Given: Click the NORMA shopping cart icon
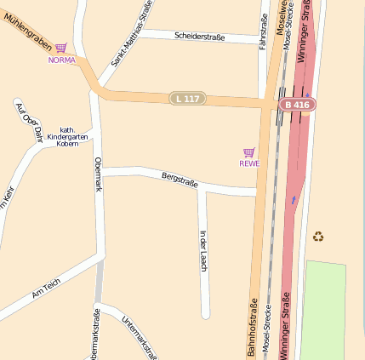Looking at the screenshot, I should tap(61, 49).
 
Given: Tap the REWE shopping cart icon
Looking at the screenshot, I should tap(248, 152).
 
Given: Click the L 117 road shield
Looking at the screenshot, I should tap(186, 99).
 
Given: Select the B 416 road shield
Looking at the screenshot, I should tap(298, 104).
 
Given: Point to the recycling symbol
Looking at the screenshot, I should tap(318, 236).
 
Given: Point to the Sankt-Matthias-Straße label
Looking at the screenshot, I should tap(131, 34).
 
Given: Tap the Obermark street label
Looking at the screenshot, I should tap(98, 174).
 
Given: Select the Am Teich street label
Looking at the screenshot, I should tap(46, 289).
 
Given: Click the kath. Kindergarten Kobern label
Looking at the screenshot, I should tap(69, 132).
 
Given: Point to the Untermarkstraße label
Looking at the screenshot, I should tap(139, 337).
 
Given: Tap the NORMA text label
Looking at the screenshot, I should tap(61, 60).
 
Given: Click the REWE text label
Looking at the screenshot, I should tap(248, 163).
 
